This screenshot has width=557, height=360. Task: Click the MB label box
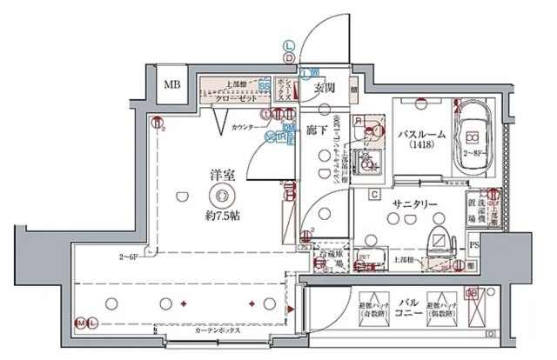[x=172, y=85]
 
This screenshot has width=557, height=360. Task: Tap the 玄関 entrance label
[x=325, y=88]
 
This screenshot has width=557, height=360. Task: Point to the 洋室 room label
[x=221, y=176]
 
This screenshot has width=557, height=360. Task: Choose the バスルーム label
[x=423, y=135]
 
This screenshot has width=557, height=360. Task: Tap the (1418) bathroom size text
[x=422, y=149]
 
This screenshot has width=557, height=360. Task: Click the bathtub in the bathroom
[x=473, y=131]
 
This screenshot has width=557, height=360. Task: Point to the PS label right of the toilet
[x=473, y=247]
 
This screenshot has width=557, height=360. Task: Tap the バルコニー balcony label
[x=407, y=308]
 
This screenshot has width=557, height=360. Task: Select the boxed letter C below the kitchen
[x=373, y=193]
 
